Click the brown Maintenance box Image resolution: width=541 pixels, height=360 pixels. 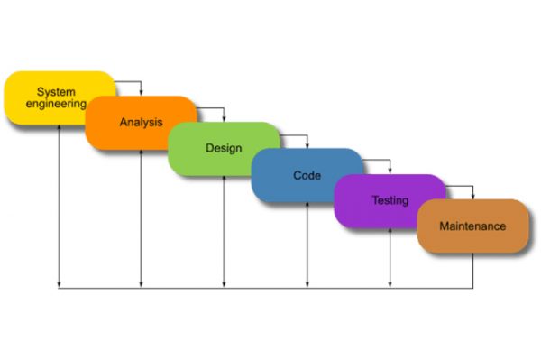point(472,226)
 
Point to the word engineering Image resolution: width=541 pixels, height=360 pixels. point(55,105)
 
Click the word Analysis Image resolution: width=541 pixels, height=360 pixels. point(140,121)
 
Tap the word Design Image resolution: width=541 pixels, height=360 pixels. point(223,148)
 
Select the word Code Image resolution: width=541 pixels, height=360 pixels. point(307,175)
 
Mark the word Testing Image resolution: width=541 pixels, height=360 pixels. point(390,200)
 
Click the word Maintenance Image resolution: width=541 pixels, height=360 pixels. point(472,226)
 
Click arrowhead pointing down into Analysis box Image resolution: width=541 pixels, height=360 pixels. point(142,92)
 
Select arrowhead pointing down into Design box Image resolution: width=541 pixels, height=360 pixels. point(225,118)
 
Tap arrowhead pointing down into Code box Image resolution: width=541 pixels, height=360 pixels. point(307,144)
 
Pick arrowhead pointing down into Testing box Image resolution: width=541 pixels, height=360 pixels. point(390,171)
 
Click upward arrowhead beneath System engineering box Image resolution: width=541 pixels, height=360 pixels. point(59,127)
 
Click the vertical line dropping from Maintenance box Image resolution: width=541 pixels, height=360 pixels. point(473,271)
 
